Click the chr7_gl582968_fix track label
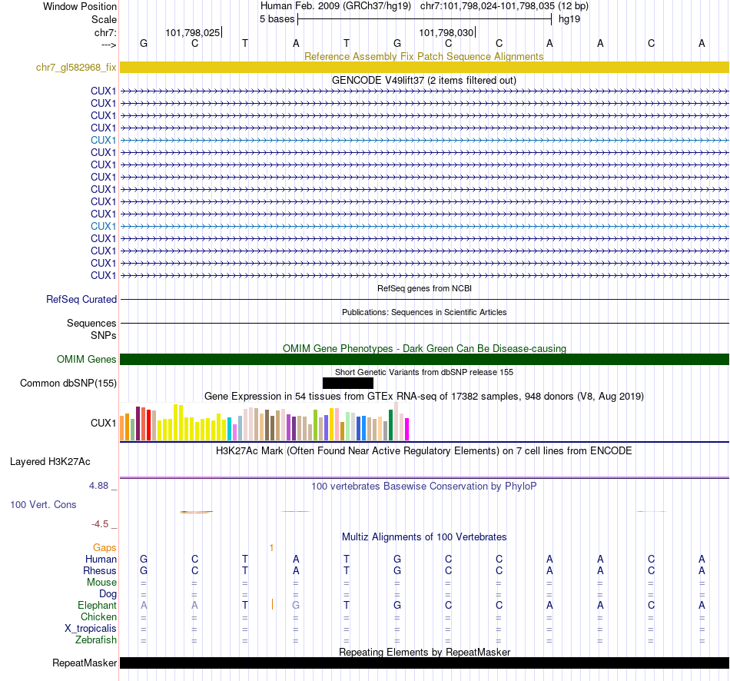76,67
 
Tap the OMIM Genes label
87,359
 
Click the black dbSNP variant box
347,383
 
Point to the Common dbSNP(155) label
68,383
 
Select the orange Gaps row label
105,547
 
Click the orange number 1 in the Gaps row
271,547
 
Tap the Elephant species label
98,606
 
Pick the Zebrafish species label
96,640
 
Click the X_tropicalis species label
91,629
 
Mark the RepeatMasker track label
85,663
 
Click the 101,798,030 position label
446,33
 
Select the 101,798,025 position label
192,33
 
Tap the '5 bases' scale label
277,18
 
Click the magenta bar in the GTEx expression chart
406,429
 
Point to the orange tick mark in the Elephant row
273,605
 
